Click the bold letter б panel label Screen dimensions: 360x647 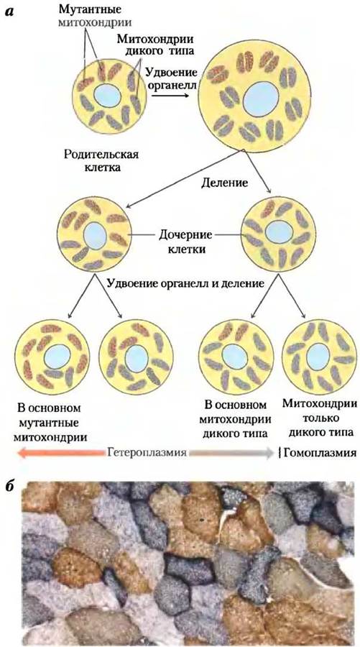(x=10, y=485)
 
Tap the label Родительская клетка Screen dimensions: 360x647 (x=101, y=161)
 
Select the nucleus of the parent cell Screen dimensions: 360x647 (x=107, y=96)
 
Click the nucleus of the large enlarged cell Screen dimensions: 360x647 (x=260, y=99)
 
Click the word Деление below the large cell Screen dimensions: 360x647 (x=224, y=182)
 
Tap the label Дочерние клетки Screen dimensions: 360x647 (x=185, y=242)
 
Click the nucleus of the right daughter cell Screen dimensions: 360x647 (x=279, y=232)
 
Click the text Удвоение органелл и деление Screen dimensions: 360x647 (x=185, y=284)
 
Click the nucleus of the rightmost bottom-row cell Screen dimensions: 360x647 (x=318, y=356)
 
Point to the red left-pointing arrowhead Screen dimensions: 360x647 (x=23, y=453)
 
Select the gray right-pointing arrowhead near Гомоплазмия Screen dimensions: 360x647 (x=269, y=453)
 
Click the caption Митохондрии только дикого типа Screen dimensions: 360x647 (x=320, y=418)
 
